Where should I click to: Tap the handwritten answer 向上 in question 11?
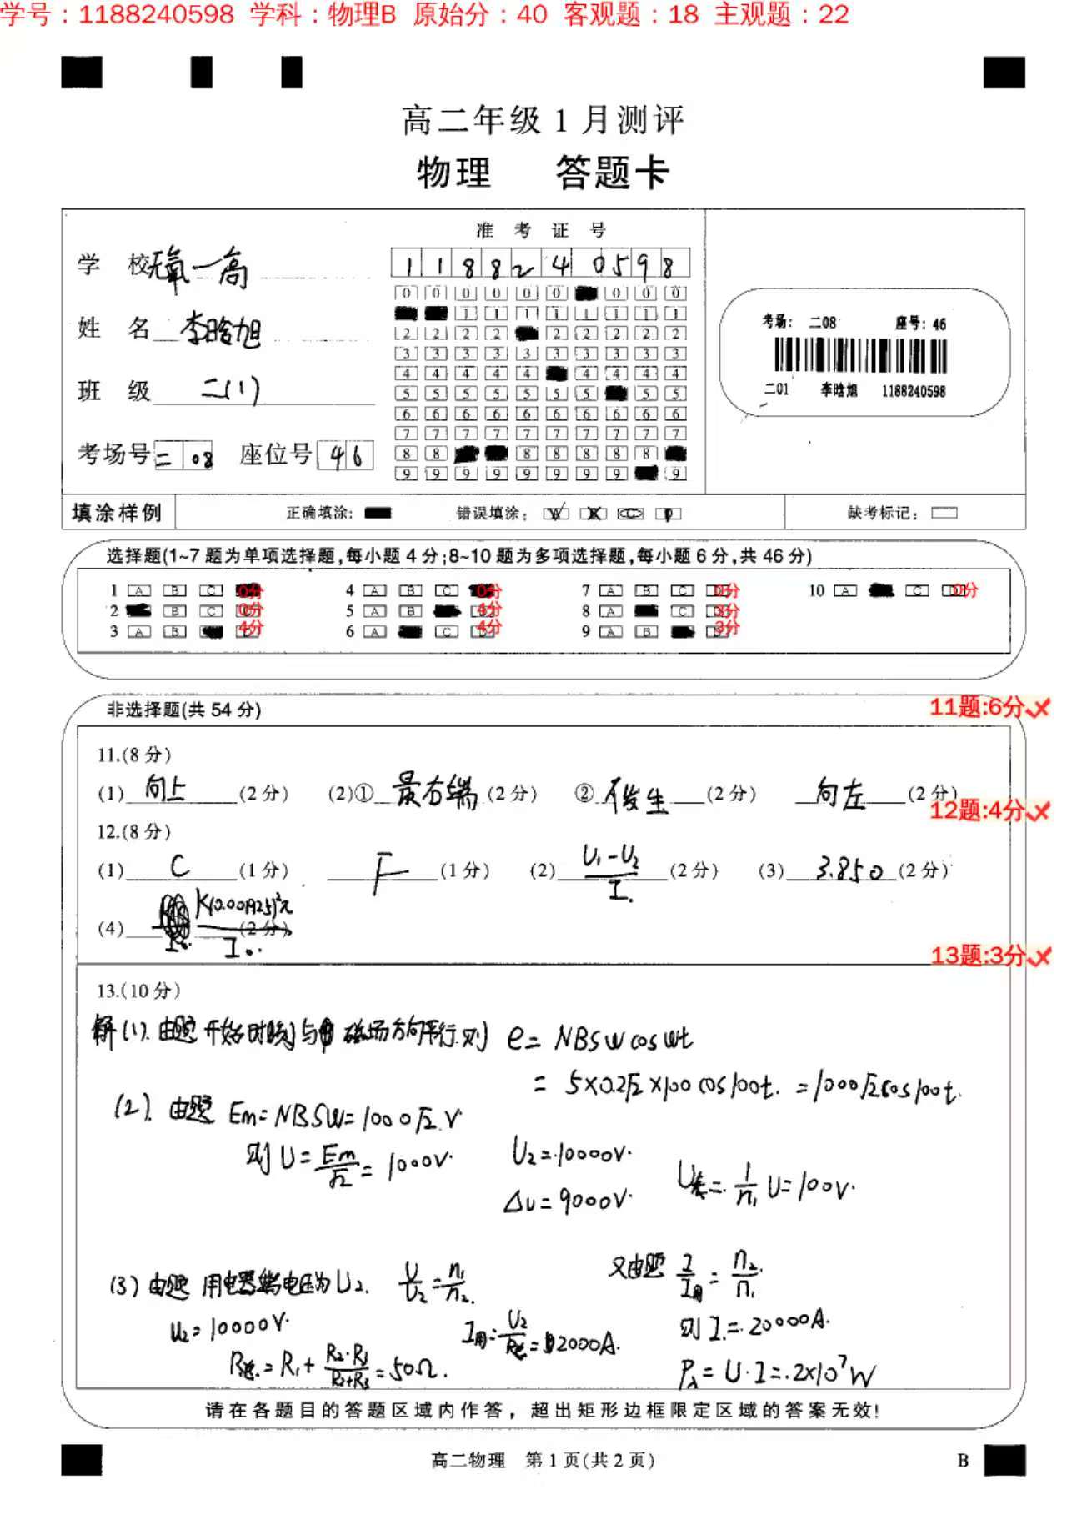tap(165, 787)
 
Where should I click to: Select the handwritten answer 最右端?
tap(435, 790)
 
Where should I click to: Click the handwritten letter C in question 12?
tap(179, 866)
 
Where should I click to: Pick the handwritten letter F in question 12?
tap(382, 872)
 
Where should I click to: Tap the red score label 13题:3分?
tap(978, 955)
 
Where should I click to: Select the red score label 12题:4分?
tap(977, 810)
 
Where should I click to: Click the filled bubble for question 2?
tap(138, 610)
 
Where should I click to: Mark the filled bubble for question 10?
tap(881, 590)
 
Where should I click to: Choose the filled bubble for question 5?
tap(447, 611)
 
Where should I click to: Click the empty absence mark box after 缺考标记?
tap(944, 513)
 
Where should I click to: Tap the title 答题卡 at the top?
tap(612, 173)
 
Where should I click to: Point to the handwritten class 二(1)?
tap(230, 389)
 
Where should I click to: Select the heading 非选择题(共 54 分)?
tap(183, 710)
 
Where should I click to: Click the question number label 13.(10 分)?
tap(138, 991)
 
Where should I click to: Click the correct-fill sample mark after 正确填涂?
tap(378, 513)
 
